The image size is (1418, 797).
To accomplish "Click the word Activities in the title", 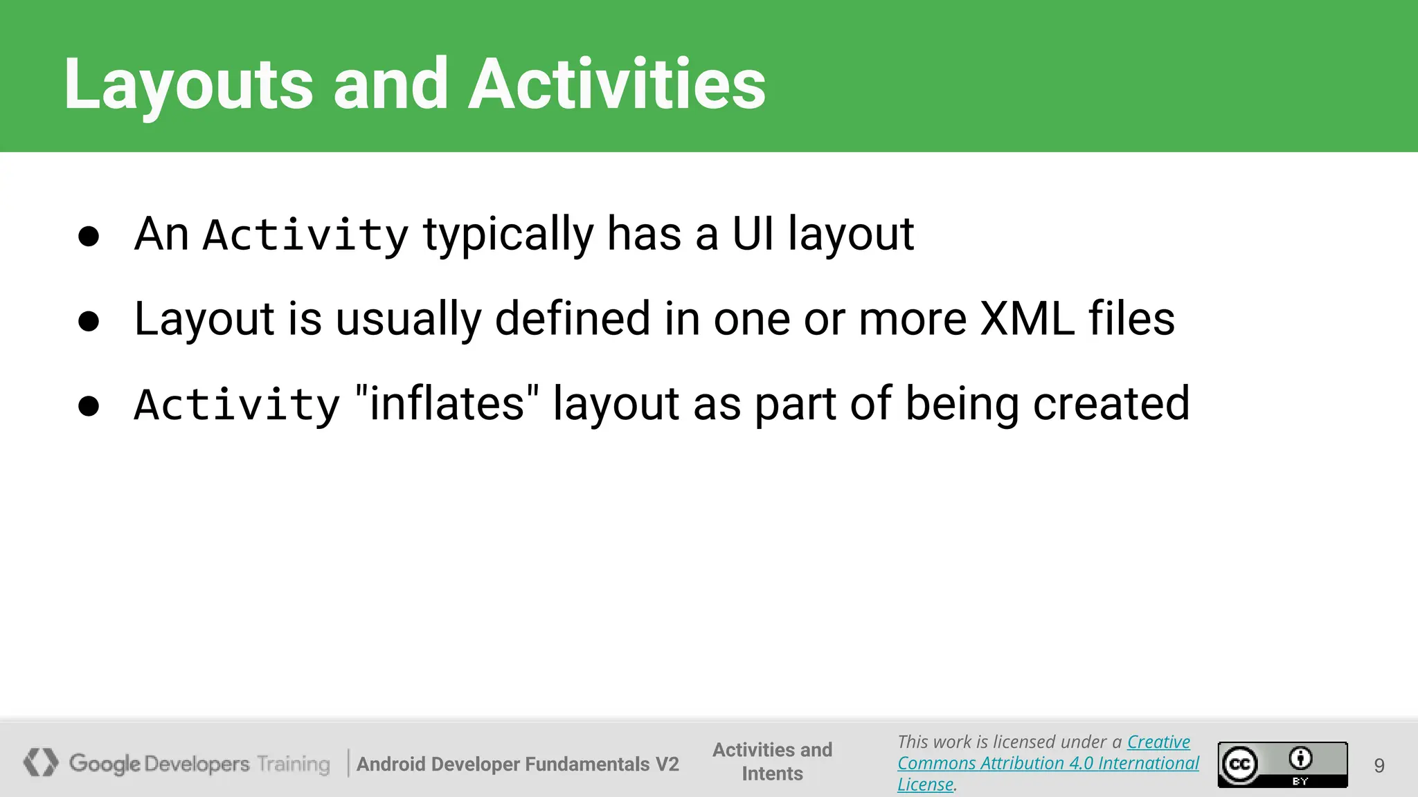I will [x=616, y=84].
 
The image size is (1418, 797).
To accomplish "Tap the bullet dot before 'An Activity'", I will [x=89, y=236].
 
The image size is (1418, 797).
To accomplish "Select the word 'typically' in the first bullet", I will [x=508, y=235].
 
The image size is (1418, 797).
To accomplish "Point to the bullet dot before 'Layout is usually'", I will [x=89, y=321].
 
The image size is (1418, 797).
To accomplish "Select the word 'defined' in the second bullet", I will [x=573, y=320].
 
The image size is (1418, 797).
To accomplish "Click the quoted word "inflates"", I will [x=447, y=404].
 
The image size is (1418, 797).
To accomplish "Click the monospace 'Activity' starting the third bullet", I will [x=237, y=405].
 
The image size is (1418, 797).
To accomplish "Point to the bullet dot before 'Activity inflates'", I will [x=89, y=406].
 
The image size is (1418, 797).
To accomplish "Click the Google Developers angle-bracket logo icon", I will [x=41, y=762].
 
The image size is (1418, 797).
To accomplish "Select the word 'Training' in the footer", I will [x=294, y=764].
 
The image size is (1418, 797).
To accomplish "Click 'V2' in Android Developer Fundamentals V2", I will [x=667, y=764].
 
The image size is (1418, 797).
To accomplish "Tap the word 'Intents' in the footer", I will [x=772, y=773].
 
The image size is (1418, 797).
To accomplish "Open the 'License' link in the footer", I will [x=925, y=785].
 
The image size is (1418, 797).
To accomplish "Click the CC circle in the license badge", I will [x=1239, y=764].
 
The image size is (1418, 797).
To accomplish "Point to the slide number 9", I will [x=1379, y=766].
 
